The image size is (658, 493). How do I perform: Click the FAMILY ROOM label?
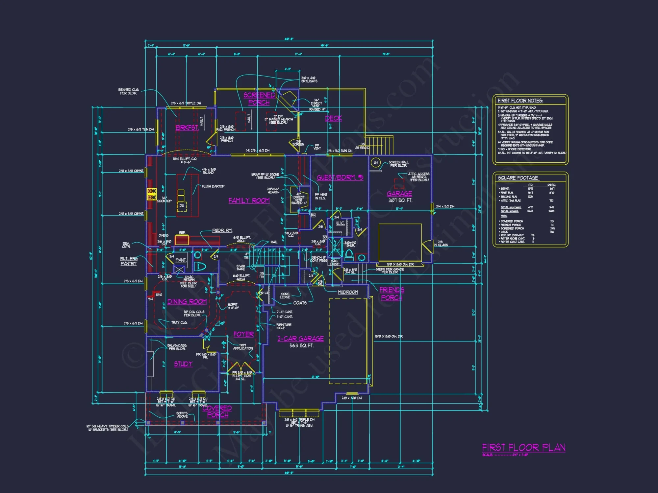coord(249,200)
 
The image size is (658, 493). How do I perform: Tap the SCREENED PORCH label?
coord(259,99)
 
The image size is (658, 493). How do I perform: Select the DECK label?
coord(333,118)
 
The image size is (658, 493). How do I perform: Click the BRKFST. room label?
coord(187,128)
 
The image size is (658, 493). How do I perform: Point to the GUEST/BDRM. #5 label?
coord(340,177)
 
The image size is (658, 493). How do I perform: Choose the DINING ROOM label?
coord(187,302)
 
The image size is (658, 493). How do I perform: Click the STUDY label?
coord(183,364)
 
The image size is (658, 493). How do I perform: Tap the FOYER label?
coord(243,334)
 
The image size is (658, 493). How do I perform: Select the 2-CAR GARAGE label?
coord(300,339)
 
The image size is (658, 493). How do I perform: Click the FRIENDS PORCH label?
coord(392,293)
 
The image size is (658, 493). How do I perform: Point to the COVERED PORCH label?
coord(217,411)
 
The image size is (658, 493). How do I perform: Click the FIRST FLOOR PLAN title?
coord(523,448)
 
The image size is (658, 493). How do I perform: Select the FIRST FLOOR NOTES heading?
coord(520,101)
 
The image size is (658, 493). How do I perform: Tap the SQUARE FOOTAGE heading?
coord(518,178)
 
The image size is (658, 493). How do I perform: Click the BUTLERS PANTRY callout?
coord(129,261)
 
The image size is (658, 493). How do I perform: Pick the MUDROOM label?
coord(348,292)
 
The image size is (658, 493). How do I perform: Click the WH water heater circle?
coord(375,162)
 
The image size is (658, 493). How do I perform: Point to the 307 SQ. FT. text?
coord(400,200)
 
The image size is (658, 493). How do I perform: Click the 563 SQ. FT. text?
coord(301,345)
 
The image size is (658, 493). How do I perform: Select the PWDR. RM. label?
coord(222,230)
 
